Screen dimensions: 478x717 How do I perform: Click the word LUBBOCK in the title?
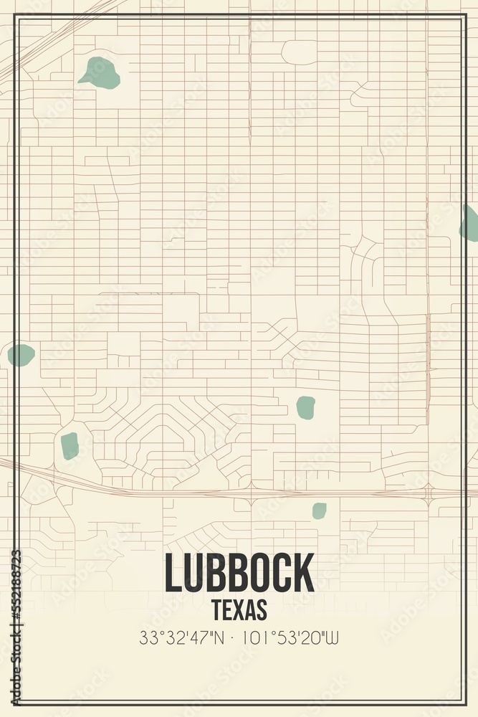click(239, 572)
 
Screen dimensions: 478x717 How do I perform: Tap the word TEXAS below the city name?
click(239, 609)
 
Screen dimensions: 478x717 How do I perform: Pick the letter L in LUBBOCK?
click(173, 572)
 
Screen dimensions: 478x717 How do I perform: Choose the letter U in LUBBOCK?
click(195, 572)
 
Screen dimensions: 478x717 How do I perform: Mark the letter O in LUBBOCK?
click(262, 572)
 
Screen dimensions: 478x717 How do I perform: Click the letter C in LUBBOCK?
click(284, 572)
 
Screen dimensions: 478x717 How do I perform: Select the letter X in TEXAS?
click(239, 609)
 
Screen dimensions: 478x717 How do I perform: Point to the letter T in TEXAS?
click(216, 609)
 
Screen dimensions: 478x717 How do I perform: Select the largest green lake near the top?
click(100, 72)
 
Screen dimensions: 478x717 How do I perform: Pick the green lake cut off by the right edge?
click(470, 223)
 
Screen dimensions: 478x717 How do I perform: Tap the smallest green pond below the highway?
click(319, 511)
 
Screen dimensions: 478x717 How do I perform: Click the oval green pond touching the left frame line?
click(21, 354)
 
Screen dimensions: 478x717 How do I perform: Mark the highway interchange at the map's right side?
click(429, 493)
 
